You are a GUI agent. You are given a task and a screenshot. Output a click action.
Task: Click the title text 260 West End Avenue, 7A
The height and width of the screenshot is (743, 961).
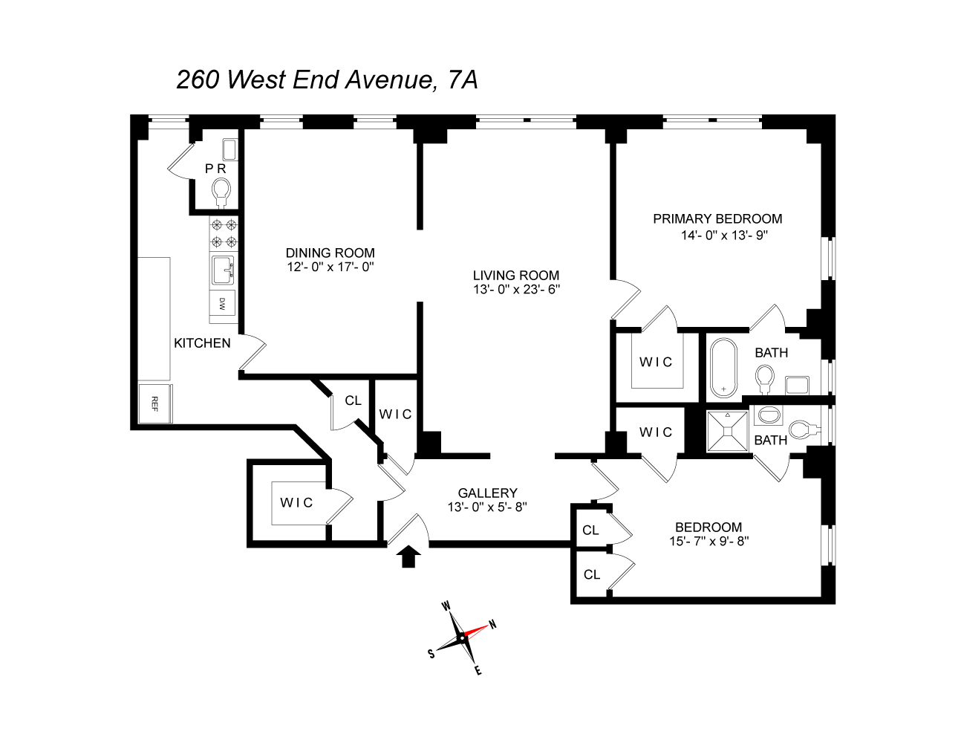(327, 80)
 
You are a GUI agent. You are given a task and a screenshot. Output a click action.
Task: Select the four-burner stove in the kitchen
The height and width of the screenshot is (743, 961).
(223, 233)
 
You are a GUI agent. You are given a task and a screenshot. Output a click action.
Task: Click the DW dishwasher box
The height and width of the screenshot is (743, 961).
(222, 303)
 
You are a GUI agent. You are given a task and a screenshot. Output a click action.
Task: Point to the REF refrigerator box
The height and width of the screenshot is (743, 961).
(154, 403)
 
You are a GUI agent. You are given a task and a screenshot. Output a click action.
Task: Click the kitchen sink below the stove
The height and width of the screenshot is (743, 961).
(223, 270)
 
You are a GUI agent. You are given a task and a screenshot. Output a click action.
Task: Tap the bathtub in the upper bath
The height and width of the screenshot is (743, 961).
(723, 368)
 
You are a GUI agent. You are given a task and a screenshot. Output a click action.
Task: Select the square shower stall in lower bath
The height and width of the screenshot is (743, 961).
(728, 431)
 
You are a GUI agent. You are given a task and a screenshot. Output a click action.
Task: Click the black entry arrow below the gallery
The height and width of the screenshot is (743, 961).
(408, 557)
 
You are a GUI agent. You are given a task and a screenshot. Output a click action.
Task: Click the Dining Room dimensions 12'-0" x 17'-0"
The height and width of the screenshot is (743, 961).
(330, 267)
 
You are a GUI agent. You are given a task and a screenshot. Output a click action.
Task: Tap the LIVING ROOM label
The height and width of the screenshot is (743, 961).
(516, 275)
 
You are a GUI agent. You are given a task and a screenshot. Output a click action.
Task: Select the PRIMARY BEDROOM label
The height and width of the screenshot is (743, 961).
(717, 218)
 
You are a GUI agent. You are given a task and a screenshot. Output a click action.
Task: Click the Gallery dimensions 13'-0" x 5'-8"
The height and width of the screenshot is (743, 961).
(487, 507)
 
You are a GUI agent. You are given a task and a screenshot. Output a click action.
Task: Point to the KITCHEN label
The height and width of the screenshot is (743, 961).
(202, 343)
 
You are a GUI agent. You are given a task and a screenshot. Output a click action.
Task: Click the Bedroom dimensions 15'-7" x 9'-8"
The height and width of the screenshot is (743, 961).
(708, 541)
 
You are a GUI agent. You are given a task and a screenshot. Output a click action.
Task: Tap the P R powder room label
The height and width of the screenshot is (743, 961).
(215, 169)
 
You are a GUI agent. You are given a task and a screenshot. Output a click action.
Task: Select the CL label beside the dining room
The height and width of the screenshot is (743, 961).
(353, 400)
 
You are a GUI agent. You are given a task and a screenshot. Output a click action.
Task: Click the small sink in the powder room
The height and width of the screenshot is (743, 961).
(229, 149)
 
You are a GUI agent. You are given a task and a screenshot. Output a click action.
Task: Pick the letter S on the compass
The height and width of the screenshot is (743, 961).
(431, 654)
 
